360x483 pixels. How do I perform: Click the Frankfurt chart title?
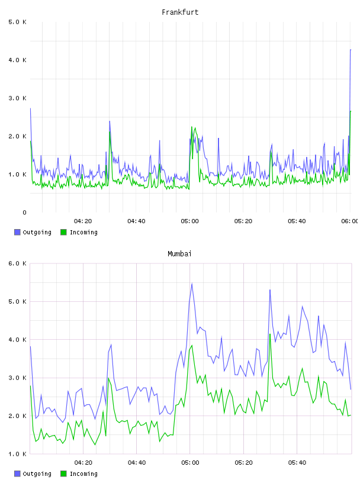[x=180, y=12]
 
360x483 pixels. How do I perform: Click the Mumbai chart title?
[x=179, y=254]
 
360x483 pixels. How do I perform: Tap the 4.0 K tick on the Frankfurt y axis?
[x=17, y=60]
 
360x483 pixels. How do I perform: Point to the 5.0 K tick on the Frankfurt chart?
[x=17, y=22]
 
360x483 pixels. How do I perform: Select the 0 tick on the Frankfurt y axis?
[x=24, y=212]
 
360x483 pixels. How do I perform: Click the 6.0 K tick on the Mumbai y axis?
[x=17, y=263]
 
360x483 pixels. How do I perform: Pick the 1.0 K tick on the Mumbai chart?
[x=17, y=454]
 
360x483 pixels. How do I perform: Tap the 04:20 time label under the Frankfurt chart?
[x=83, y=221]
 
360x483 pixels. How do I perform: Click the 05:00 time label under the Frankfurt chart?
[x=190, y=221]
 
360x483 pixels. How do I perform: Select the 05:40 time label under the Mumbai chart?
[x=297, y=463]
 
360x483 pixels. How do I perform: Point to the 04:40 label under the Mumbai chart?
[x=137, y=463]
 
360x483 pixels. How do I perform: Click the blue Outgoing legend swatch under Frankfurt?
[x=17, y=232]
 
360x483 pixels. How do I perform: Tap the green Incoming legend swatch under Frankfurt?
[x=63, y=232]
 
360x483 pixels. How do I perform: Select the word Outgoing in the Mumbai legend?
[x=37, y=474]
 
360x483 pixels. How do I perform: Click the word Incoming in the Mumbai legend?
[x=83, y=474]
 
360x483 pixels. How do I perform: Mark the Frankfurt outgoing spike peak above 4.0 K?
[x=351, y=50]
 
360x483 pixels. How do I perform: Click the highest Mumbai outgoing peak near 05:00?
[x=192, y=284]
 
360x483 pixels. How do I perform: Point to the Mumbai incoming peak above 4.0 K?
[x=270, y=334]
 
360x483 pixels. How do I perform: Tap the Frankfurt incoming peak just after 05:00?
[x=191, y=127]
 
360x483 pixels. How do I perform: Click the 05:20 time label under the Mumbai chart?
[x=243, y=463]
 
